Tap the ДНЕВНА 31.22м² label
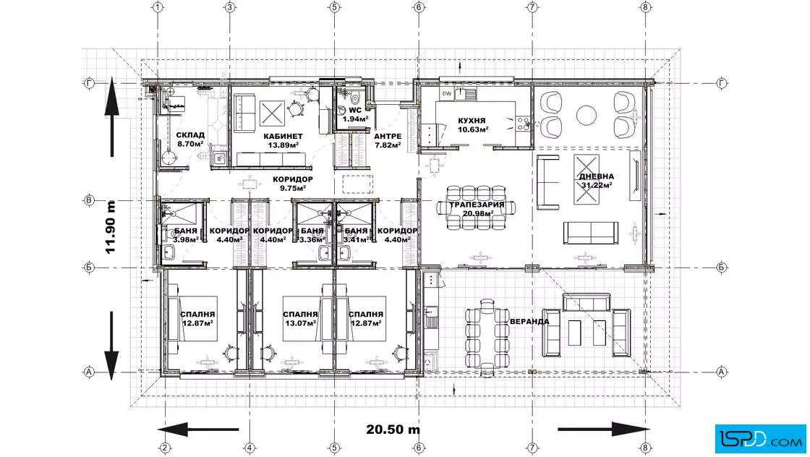(596, 181)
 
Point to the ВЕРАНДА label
(529, 321)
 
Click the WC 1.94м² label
(355, 115)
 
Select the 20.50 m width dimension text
(393, 429)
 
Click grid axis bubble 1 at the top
(158, 7)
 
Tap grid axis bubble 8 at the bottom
(644, 448)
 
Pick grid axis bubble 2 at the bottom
(165, 448)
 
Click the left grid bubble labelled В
(89, 200)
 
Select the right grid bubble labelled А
(722, 372)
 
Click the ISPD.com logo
(760, 439)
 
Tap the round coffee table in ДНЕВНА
(587, 115)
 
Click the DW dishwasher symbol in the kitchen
(447, 93)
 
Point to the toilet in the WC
(355, 97)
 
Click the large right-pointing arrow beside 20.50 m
(604, 429)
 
